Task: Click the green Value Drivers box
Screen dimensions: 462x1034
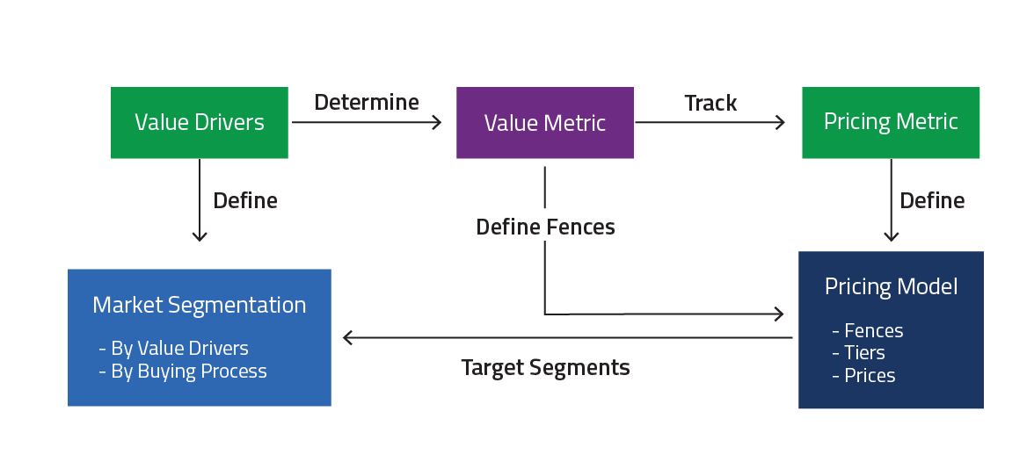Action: click(x=200, y=123)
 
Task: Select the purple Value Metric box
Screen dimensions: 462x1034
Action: click(x=544, y=123)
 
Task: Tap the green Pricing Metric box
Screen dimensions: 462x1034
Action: click(x=891, y=122)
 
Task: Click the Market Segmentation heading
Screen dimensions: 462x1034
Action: click(x=200, y=305)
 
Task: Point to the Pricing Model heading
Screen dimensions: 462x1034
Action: click(x=891, y=286)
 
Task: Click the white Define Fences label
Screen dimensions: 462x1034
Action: click(x=545, y=227)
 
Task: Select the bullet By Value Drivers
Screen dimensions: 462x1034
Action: click(x=174, y=348)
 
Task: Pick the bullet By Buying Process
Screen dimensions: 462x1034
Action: click(x=183, y=371)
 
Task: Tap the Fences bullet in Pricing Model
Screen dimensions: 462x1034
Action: click(x=868, y=330)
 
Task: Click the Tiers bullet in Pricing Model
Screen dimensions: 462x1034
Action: click(x=858, y=352)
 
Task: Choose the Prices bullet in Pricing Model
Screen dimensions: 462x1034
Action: click(x=863, y=375)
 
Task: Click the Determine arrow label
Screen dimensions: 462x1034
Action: click(x=367, y=103)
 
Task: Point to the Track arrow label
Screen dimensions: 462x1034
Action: click(x=710, y=103)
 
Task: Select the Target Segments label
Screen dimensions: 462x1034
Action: click(x=545, y=367)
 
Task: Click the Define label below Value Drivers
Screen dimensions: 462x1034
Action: click(x=245, y=201)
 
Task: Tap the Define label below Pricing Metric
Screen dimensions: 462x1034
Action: click(x=932, y=201)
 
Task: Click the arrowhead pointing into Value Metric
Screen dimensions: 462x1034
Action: click(x=437, y=123)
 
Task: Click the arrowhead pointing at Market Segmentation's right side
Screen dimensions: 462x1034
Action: click(x=348, y=337)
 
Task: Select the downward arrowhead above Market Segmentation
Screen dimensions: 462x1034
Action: click(x=200, y=236)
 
